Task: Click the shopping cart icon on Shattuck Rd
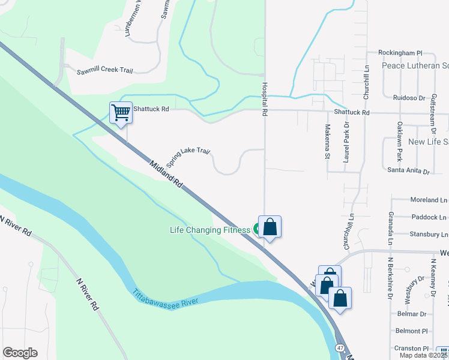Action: (121, 112)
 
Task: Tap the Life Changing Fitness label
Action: (209, 230)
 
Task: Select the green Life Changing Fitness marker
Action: (258, 228)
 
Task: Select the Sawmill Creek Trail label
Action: (104, 71)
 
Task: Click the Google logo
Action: (20, 353)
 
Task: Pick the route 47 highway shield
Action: (340, 349)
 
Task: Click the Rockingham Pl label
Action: (400, 53)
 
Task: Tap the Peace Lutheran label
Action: (415, 65)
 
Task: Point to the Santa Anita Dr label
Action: (409, 172)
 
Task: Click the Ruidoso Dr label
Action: (409, 97)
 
